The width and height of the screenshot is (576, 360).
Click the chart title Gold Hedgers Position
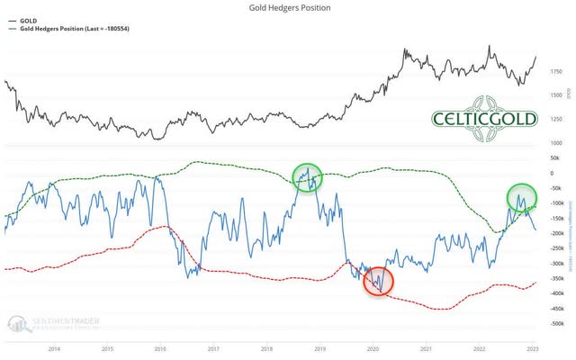click(288, 8)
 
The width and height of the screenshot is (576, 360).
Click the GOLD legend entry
click(28, 19)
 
